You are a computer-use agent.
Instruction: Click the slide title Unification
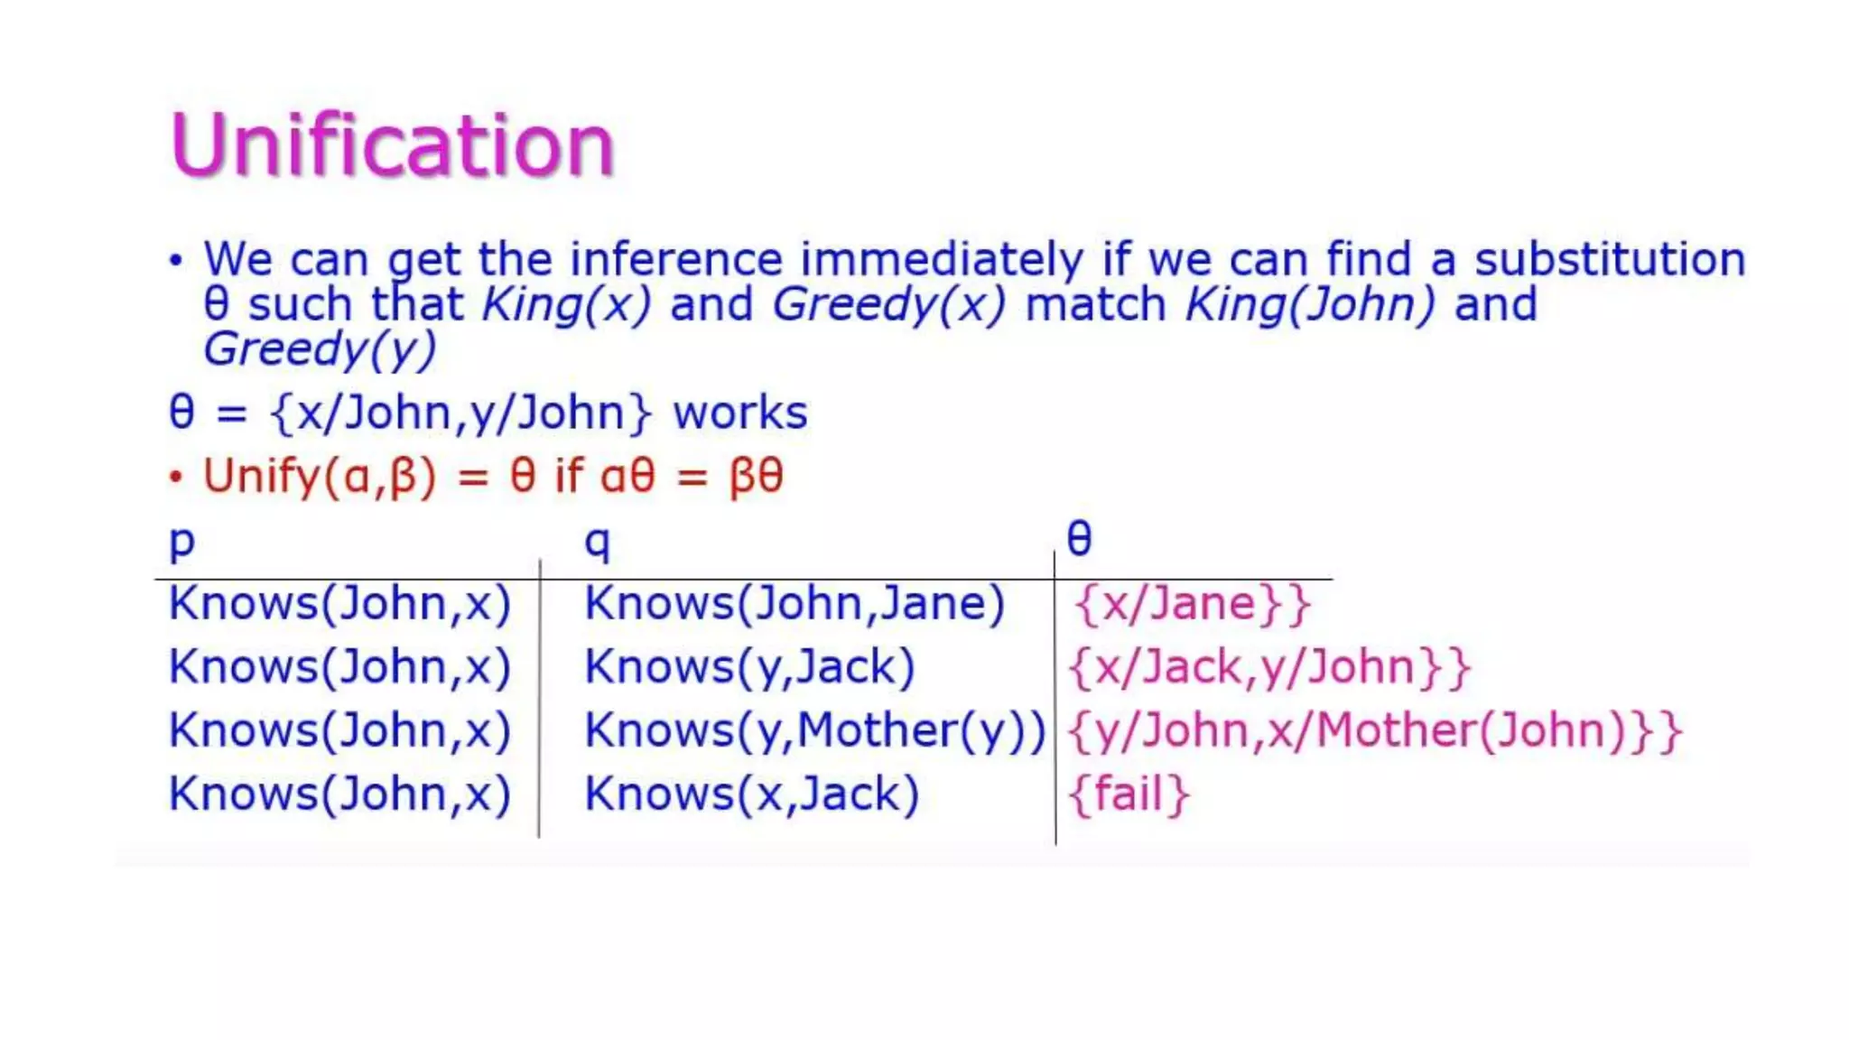(392, 144)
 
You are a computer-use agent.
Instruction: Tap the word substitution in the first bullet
(1610, 260)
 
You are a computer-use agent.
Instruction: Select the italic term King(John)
(1309, 304)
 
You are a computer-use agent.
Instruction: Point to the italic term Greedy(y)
(320, 349)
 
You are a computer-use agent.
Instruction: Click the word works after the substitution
(740, 413)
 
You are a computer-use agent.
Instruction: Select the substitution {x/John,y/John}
(460, 413)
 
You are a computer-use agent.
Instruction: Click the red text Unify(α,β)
(320, 476)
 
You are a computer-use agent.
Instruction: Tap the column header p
(182, 542)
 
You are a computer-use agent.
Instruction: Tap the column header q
(598, 542)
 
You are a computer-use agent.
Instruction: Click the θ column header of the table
(1079, 539)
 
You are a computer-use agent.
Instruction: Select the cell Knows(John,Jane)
(794, 603)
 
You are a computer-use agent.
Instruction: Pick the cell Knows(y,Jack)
(749, 667)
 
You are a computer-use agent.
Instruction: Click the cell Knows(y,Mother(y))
(814, 730)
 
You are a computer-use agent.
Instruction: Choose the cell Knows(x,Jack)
(751, 794)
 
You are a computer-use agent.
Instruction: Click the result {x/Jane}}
(1192, 603)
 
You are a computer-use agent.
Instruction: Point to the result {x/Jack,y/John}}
(1269, 667)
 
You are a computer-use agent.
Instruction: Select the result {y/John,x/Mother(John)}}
(1374, 730)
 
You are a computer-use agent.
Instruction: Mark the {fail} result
(1129, 794)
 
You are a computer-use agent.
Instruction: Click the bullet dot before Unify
(176, 477)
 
